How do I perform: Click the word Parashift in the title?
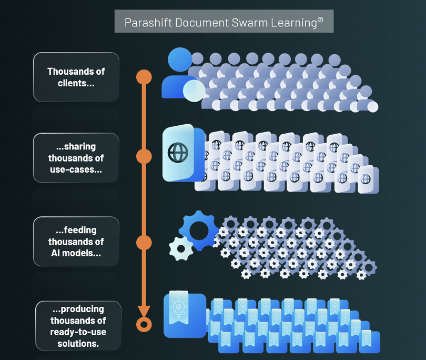[x=146, y=23]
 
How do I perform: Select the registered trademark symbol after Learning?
[x=320, y=20]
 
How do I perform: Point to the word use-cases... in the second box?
[x=76, y=169]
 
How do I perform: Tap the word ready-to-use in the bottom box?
[x=78, y=332]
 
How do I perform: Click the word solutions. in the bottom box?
[x=78, y=344]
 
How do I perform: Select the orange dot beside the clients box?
[x=144, y=77]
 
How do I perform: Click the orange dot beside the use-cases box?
[x=144, y=156]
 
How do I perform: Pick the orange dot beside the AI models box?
[x=144, y=243]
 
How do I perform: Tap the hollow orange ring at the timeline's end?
[x=144, y=324]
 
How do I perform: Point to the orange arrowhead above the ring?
[x=144, y=311]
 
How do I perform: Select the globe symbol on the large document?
[x=177, y=152]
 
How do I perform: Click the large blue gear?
[x=198, y=229]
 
